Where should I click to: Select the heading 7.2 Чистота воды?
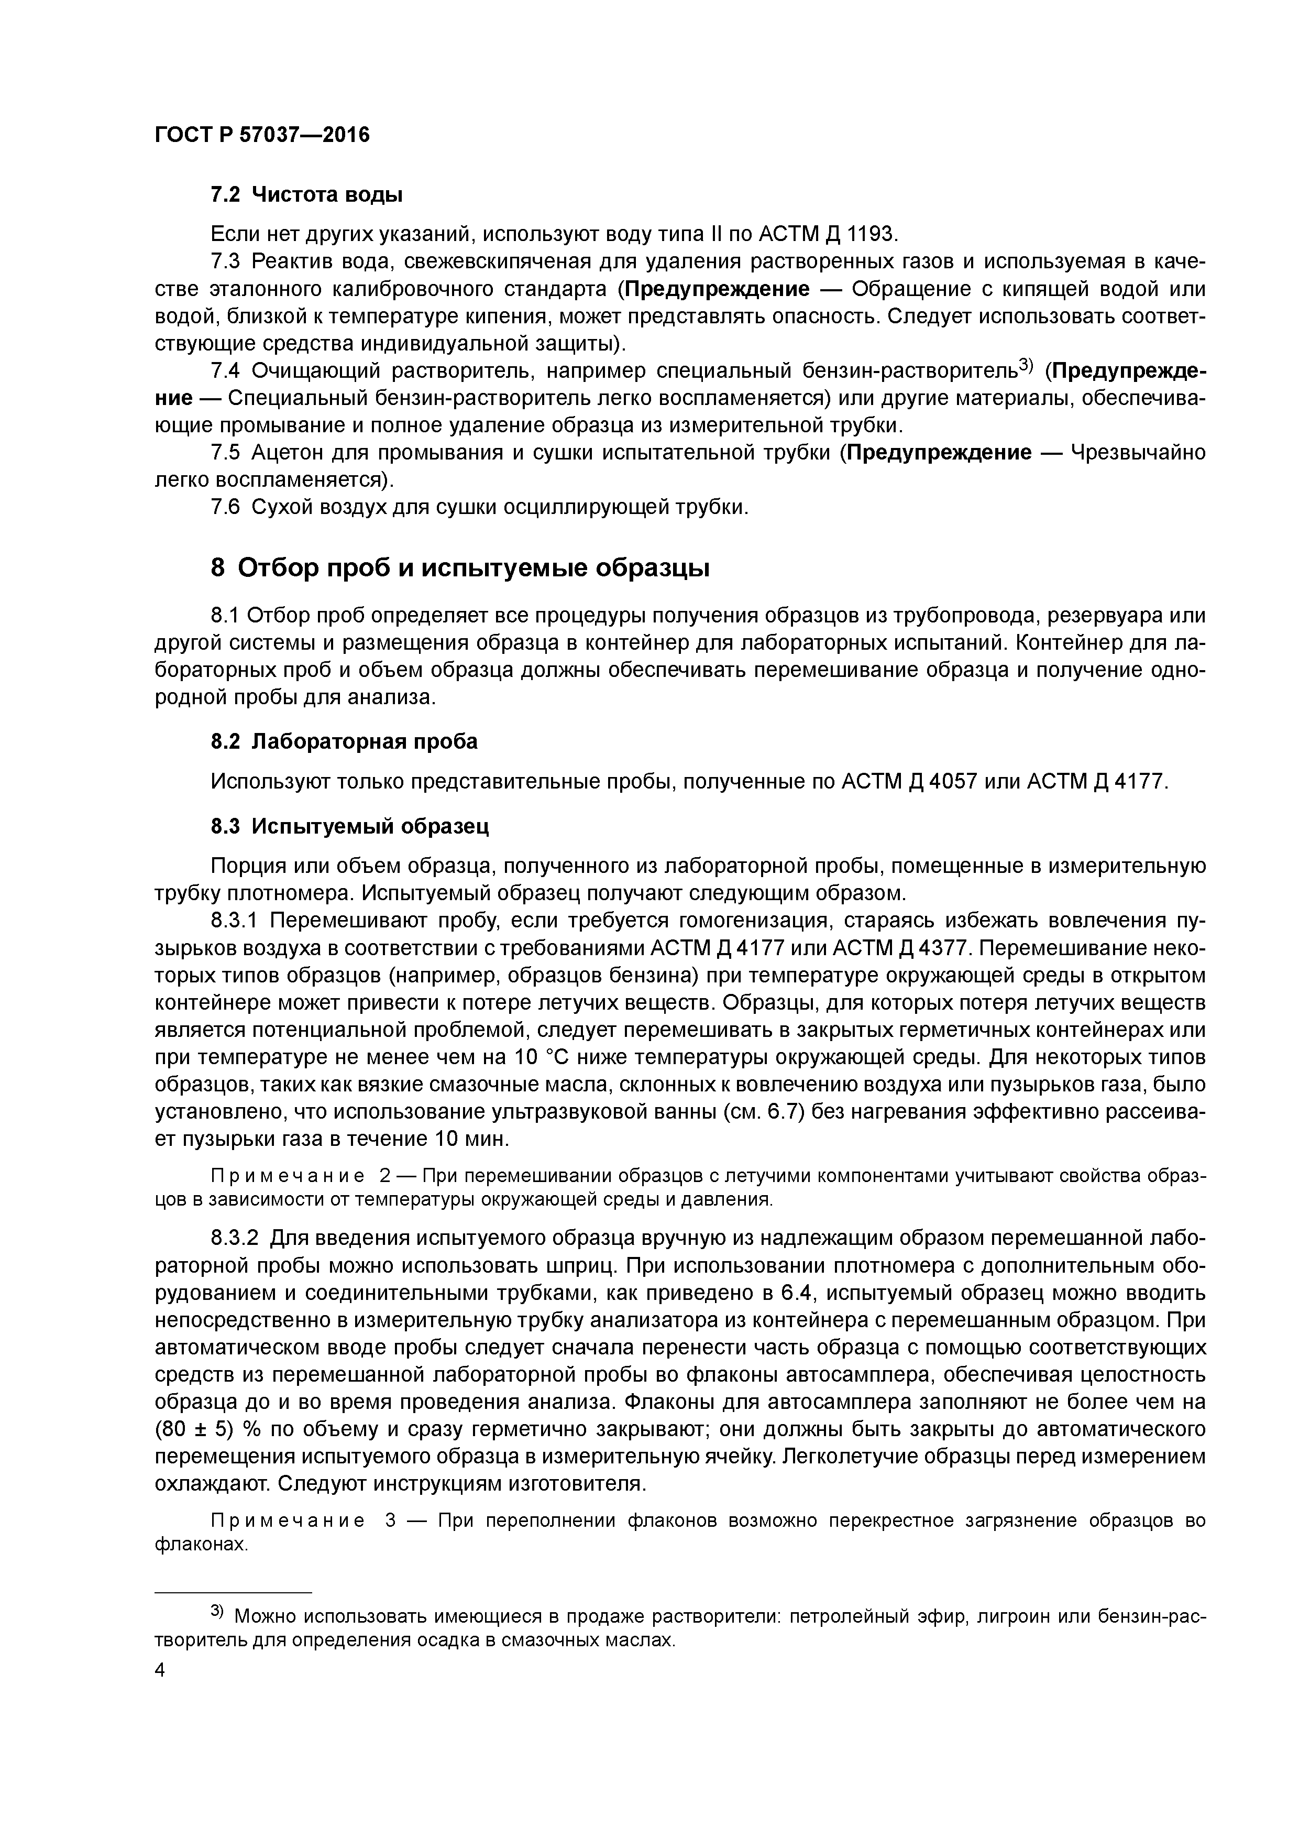click(x=306, y=194)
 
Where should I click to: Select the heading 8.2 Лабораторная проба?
click(x=344, y=741)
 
